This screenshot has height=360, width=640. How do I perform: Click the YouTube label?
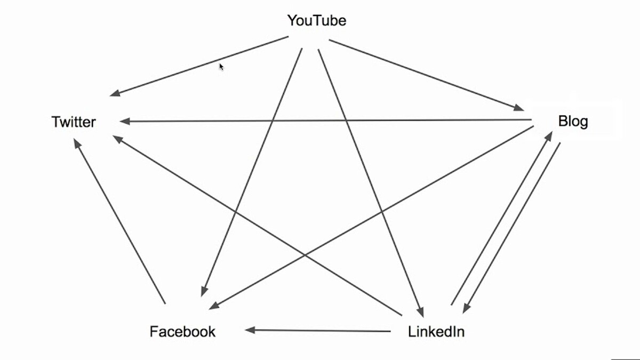[317, 21]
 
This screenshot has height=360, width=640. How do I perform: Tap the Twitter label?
[74, 122]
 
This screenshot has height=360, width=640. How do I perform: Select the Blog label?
[573, 121]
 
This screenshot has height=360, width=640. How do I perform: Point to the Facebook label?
[182, 332]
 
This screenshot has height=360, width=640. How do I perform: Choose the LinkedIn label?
[436, 332]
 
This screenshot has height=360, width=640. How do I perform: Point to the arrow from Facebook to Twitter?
[120, 221]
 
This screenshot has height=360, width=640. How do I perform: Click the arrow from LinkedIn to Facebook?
[317, 331]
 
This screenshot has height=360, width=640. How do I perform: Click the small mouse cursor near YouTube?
[221, 67]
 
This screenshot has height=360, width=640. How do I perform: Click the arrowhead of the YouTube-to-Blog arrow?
[518, 108]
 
